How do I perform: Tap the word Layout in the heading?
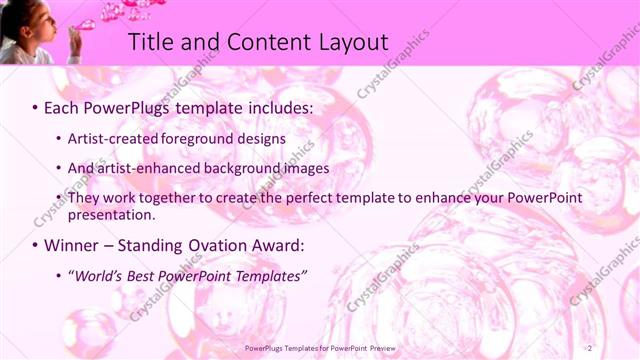[345, 42]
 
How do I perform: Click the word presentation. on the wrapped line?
[111, 215]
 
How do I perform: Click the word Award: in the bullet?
[283, 245]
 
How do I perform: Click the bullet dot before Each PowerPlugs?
[36, 106]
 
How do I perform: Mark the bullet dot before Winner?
[36, 245]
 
